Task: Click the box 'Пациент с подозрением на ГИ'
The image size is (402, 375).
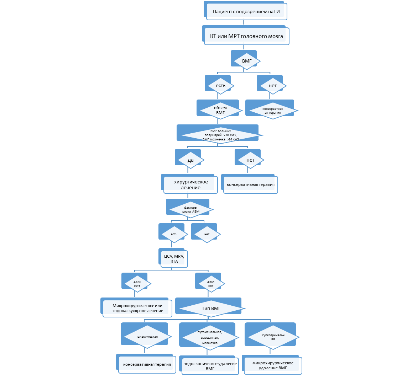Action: pyautogui.click(x=245, y=12)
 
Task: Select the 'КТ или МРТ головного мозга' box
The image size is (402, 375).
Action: pyautogui.click(x=246, y=36)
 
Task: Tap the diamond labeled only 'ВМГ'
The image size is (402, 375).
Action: pyautogui.click(x=246, y=61)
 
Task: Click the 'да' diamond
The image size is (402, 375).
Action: pyautogui.click(x=190, y=160)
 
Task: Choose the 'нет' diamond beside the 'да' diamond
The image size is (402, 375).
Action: pyautogui.click(x=251, y=160)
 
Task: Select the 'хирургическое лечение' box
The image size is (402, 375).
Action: pyautogui.click(x=190, y=184)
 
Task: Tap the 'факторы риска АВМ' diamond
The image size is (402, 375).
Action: pyautogui.click(x=190, y=210)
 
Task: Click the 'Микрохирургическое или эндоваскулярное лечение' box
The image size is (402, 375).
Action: pyautogui.click(x=137, y=308)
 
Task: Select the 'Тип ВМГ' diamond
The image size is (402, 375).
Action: pyautogui.click(x=211, y=308)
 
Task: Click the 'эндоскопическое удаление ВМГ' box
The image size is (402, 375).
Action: pyautogui.click(x=210, y=366)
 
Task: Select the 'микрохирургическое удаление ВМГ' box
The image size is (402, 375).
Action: pyautogui.click(x=273, y=365)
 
